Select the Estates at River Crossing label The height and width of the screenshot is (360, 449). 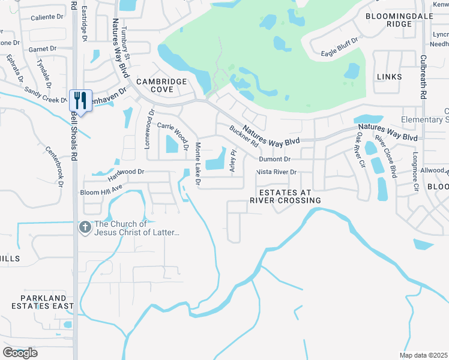click(285, 196)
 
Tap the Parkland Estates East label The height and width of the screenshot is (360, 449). click(43, 302)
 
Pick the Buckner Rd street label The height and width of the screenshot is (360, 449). click(244, 136)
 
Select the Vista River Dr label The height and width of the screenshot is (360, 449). click(276, 172)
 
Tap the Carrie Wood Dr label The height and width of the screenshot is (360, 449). click(173, 131)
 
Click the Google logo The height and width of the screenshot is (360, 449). click(20, 352)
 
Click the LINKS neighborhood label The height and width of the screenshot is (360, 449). click(388, 77)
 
